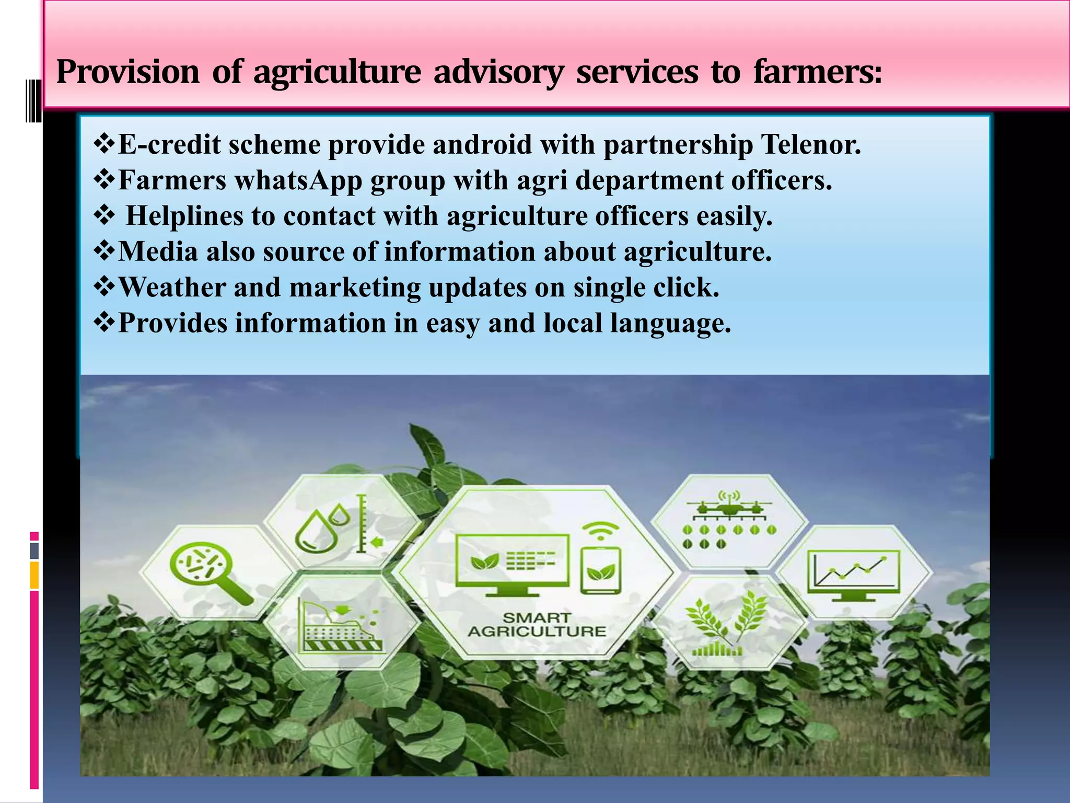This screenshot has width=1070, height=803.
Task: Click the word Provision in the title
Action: click(x=127, y=72)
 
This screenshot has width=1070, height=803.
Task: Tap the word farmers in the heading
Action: click(x=817, y=72)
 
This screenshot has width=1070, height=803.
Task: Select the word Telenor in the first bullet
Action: click(x=810, y=145)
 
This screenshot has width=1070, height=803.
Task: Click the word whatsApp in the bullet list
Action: click(x=298, y=180)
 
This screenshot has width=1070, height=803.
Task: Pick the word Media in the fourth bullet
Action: click(x=158, y=251)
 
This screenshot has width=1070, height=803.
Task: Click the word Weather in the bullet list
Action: click(x=172, y=287)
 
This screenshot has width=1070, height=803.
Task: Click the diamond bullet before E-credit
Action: click(x=104, y=144)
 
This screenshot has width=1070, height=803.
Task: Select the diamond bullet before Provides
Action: click(x=104, y=322)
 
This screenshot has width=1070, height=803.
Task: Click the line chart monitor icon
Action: click(x=854, y=575)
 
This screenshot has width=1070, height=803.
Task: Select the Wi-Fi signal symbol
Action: click(x=600, y=531)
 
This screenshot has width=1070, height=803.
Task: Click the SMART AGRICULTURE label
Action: click(x=537, y=625)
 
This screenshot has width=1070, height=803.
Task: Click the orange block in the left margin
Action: click(x=34, y=575)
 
